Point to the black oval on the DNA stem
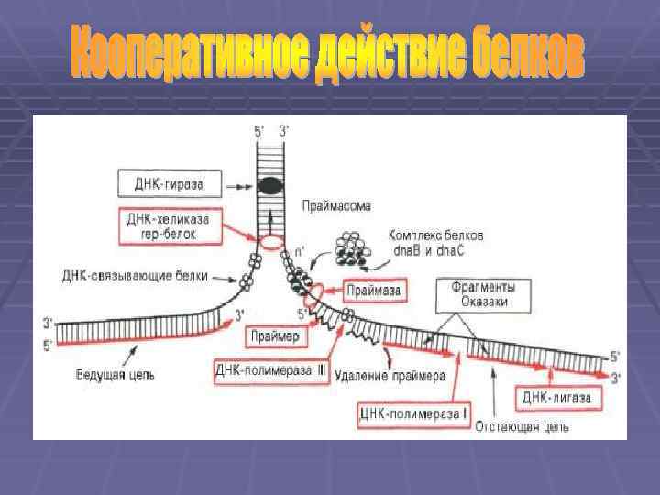[x=270, y=186]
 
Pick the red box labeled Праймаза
[x=371, y=292]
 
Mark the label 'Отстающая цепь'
[x=522, y=426]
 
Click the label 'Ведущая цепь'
[x=116, y=374]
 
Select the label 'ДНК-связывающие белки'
[x=137, y=274]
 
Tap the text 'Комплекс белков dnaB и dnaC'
[x=435, y=242]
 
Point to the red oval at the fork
[x=271, y=244]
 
